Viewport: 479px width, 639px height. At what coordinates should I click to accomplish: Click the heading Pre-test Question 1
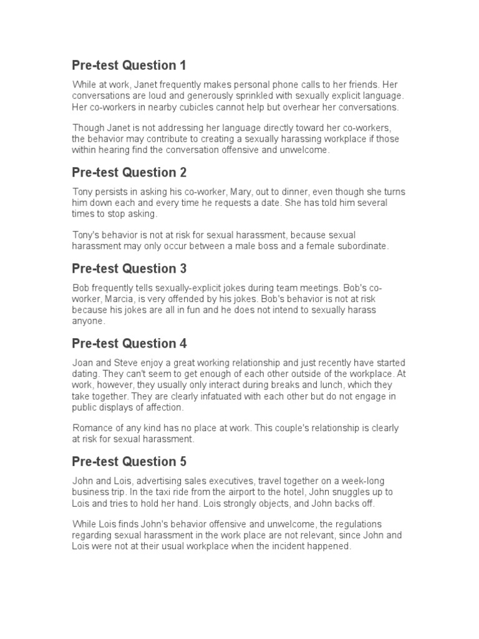(128, 66)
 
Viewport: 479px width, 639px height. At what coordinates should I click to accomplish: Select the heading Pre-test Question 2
(129, 173)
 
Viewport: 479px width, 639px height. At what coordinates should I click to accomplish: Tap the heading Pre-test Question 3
(129, 269)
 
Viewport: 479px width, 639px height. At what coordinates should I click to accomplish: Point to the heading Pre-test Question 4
(129, 343)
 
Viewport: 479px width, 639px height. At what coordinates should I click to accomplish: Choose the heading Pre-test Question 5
(129, 462)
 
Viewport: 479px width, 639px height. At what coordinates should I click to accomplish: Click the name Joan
(83, 363)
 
